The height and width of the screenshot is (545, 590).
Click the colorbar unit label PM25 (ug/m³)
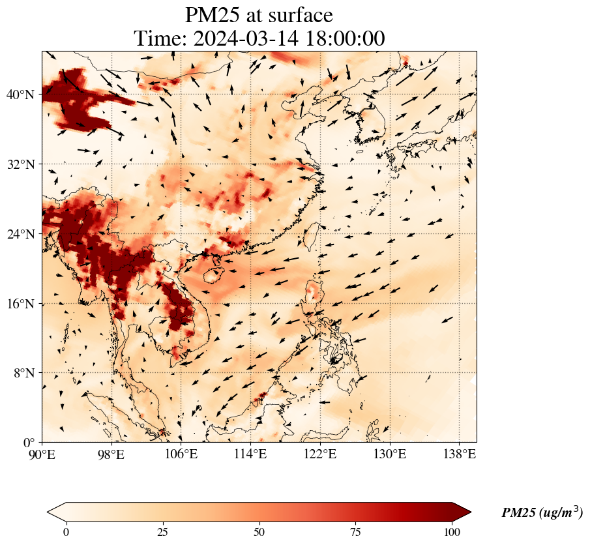542,513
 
